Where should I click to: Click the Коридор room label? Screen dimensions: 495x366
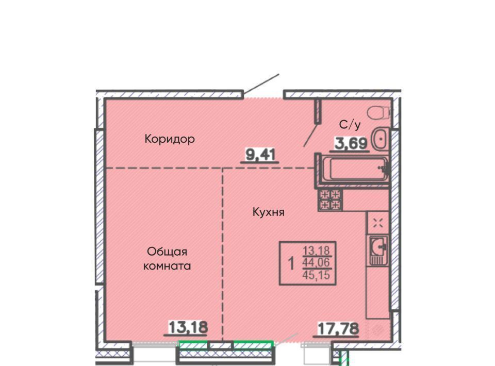click(170, 139)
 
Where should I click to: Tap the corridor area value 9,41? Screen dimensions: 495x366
click(260, 155)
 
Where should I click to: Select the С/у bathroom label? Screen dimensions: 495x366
click(350, 125)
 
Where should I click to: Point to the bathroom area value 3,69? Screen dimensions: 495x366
click(352, 143)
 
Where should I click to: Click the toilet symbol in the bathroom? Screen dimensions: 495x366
click(378, 113)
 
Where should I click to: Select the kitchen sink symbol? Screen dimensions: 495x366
click(378, 250)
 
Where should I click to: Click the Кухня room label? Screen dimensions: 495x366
click(268, 212)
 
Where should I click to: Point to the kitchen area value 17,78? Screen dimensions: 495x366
click(338, 329)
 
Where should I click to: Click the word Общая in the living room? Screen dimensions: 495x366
click(167, 252)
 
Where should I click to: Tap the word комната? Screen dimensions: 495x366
click(167, 266)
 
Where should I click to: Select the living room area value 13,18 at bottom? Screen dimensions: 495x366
click(188, 327)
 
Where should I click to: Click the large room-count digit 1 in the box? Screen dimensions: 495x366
click(291, 263)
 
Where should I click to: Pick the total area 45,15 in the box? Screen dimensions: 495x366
click(316, 275)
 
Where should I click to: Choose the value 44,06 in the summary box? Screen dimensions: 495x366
click(316, 262)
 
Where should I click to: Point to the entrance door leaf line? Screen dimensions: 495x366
click(261, 85)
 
